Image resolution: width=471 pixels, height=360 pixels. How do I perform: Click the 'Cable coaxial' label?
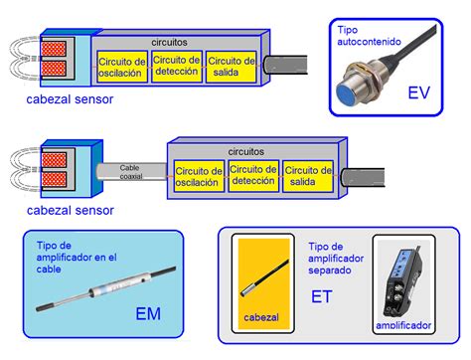click(x=130, y=171)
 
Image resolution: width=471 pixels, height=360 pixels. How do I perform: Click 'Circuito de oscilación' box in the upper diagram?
click(x=122, y=68)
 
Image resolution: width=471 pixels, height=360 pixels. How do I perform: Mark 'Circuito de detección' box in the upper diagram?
click(x=178, y=67)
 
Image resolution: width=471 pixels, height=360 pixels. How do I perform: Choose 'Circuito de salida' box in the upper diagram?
click(x=233, y=68)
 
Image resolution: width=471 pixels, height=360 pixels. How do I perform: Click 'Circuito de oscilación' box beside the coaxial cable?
click(x=198, y=175)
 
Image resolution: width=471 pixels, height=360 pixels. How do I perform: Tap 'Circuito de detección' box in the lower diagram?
click(x=253, y=175)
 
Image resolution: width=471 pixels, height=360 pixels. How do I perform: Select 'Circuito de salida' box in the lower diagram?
click(x=308, y=175)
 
